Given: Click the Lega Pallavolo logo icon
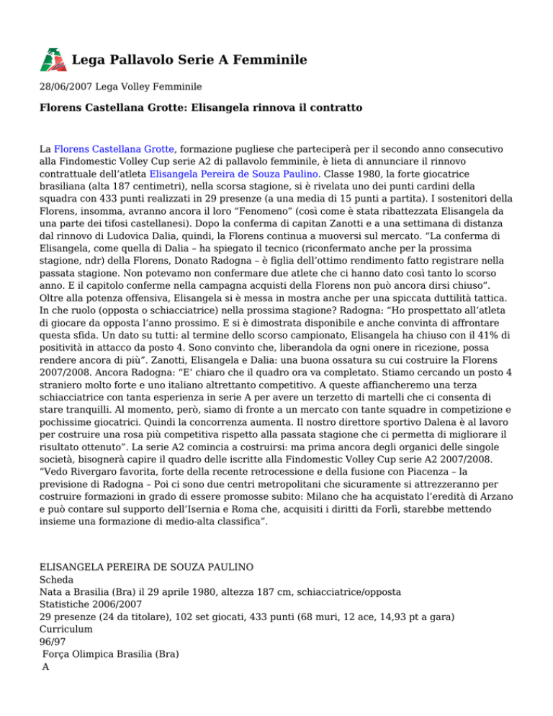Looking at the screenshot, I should tap(52, 59).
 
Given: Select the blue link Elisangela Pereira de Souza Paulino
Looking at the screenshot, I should tap(237, 174).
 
